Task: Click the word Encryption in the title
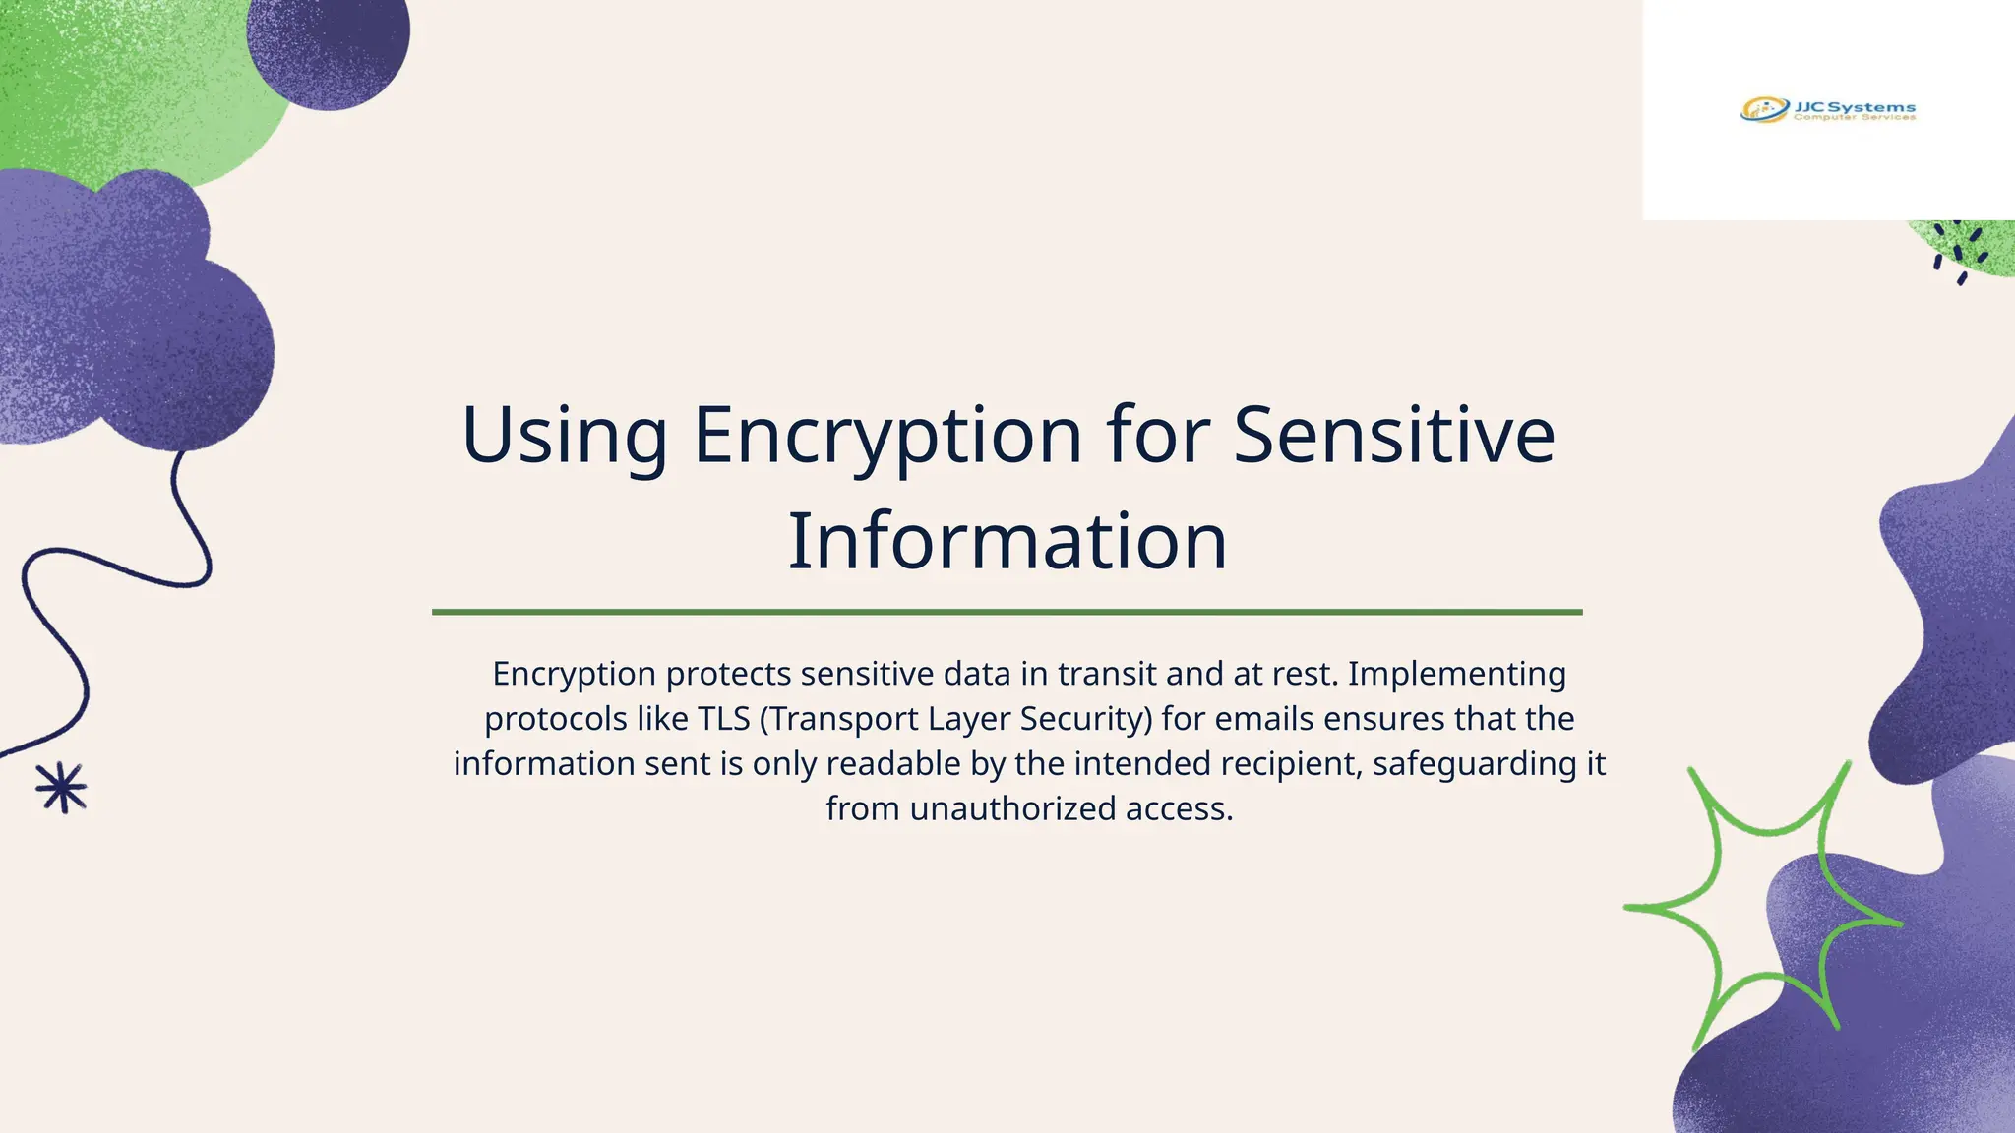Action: [x=887, y=436]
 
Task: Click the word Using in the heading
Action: [x=565, y=436]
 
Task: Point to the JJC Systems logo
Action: [x=1828, y=110]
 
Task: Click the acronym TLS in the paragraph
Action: [x=723, y=719]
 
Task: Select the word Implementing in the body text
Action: [x=1456, y=674]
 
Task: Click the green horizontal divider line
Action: [x=1007, y=612]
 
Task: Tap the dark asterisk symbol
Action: [x=62, y=788]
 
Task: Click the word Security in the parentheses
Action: [x=1085, y=719]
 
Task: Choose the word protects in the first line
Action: [x=728, y=675]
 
